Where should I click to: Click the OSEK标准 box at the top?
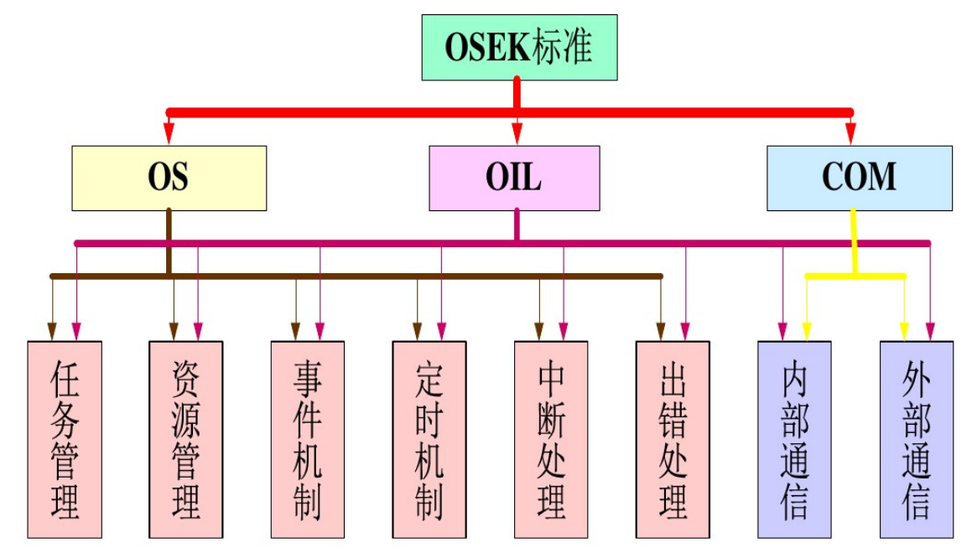tap(519, 47)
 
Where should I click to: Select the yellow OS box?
tap(169, 178)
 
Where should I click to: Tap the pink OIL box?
tap(514, 178)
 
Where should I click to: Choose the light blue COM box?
tap(860, 178)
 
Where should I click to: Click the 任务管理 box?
tap(65, 439)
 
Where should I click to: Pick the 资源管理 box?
tap(186, 439)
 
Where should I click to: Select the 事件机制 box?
tap(308, 439)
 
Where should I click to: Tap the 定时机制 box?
tap(429, 439)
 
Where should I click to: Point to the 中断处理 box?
tap(551, 439)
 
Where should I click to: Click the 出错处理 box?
tap(673, 439)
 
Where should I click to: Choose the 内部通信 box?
tap(794, 439)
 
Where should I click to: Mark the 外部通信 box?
tap(917, 439)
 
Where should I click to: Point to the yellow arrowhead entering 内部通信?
tap(806, 333)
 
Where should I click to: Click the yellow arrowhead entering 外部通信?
tap(904, 333)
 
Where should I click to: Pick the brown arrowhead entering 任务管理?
tap(53, 333)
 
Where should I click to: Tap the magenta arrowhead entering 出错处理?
tap(685, 333)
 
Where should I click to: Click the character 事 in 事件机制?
tap(308, 377)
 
